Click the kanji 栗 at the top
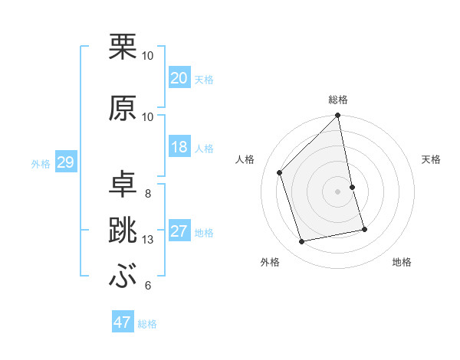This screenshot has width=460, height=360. pyautogui.click(x=123, y=47)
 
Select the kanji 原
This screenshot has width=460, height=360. pyautogui.click(x=123, y=109)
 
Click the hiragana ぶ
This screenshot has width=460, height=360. pyautogui.click(x=123, y=277)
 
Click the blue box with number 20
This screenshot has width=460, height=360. pyautogui.click(x=179, y=78)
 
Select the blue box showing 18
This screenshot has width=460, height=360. pyautogui.click(x=179, y=147)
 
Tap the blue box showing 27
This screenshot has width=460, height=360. pyautogui.click(x=179, y=231)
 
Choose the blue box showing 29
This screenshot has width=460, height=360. pyautogui.click(x=65, y=162)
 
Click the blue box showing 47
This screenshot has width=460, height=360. pyautogui.click(x=123, y=322)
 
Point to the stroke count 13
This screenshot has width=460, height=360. pyautogui.click(x=148, y=240)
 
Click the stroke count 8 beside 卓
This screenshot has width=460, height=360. pyautogui.click(x=148, y=193)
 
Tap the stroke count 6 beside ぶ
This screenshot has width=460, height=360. pyautogui.click(x=148, y=286)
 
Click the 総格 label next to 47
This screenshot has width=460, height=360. pyautogui.click(x=147, y=324)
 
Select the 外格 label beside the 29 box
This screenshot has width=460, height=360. pyautogui.click(x=41, y=163)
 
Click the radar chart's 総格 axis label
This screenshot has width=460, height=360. pyautogui.click(x=338, y=100)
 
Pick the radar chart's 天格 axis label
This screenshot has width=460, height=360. pyautogui.click(x=432, y=159)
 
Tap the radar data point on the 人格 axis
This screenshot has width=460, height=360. pyautogui.click(x=280, y=172)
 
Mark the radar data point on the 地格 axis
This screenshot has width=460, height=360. pyautogui.click(x=364, y=229)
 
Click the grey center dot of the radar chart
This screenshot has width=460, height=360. pyautogui.click(x=338, y=191)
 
